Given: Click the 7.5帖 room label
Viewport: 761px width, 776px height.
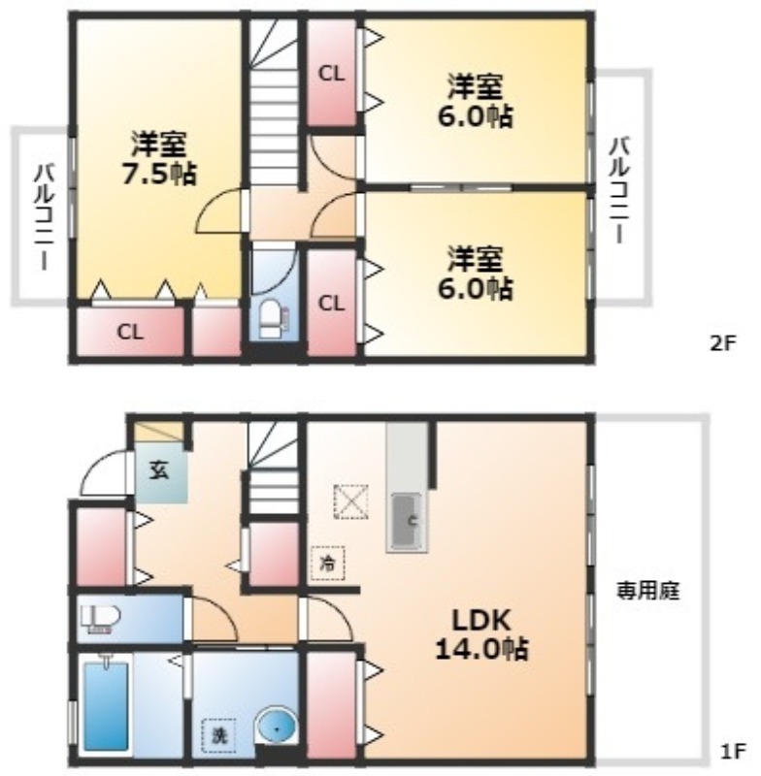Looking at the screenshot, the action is point(159,158).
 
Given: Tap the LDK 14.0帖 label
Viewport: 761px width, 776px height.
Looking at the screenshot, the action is point(481,635).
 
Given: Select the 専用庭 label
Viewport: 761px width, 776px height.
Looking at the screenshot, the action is point(648,591).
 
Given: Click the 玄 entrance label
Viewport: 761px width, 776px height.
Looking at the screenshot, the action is point(160,470).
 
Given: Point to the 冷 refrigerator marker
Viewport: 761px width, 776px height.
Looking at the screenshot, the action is point(327,564).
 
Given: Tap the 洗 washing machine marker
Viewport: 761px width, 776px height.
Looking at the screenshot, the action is point(218,735).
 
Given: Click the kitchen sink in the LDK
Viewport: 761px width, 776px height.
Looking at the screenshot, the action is point(407,522).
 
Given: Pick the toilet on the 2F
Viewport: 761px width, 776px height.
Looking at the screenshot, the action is point(274,318).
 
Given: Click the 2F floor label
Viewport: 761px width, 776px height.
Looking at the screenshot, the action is point(724,343).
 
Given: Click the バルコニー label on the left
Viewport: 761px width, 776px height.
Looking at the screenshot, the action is point(45,217).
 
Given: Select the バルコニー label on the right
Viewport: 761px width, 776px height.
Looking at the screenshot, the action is point(619,190).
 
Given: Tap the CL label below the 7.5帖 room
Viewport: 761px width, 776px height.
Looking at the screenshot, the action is point(130,332).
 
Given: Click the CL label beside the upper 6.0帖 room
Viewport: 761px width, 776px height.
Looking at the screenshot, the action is point(331,75).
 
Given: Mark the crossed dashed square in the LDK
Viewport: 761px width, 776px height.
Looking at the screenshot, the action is point(351,501).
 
